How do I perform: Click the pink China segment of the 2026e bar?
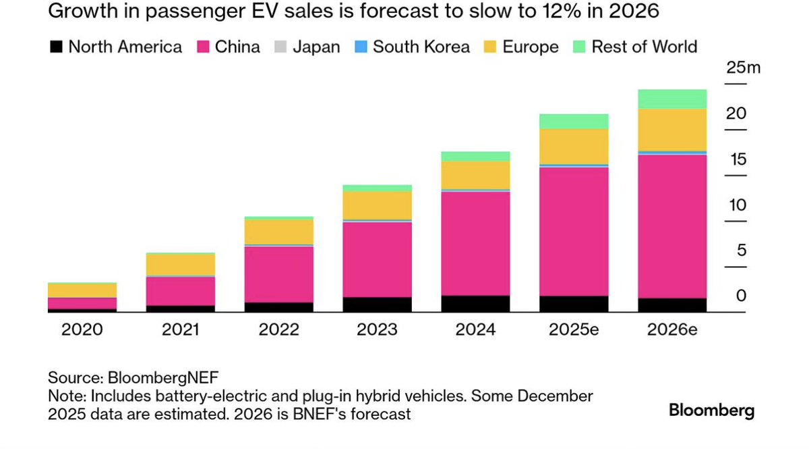pyautogui.click(x=672, y=226)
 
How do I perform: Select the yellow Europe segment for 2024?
pyautogui.click(x=475, y=175)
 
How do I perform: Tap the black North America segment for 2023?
pyautogui.click(x=377, y=305)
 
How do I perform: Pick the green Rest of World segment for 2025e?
pyautogui.click(x=574, y=122)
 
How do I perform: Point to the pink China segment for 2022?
pyautogui.click(x=278, y=274)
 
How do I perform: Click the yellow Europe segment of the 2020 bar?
pyautogui.click(x=82, y=290)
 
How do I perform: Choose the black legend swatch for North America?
pyautogui.click(x=56, y=47)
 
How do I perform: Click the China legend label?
pyautogui.click(x=237, y=47)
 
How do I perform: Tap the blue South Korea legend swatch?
pyautogui.click(x=361, y=47)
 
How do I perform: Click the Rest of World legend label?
pyautogui.click(x=644, y=47)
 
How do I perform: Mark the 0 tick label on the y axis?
pyautogui.click(x=742, y=296)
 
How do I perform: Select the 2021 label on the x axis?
pyautogui.click(x=180, y=330)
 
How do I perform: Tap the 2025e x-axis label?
pyautogui.click(x=574, y=330)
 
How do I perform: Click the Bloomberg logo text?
pyautogui.click(x=711, y=410)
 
